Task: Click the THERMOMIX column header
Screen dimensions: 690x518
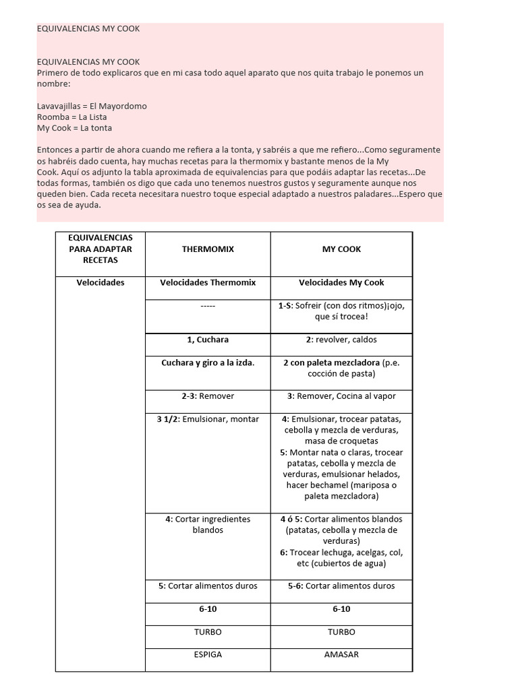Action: [x=208, y=249]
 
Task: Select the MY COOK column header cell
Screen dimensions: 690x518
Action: [x=341, y=249]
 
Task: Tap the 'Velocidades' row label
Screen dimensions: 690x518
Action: [x=100, y=283]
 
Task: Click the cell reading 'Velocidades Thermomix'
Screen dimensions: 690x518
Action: [x=208, y=283]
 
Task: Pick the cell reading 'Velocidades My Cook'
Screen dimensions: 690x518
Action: [x=341, y=283]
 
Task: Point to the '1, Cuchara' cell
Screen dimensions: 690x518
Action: [x=208, y=340]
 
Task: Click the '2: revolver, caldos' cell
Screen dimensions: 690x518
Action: [x=341, y=340]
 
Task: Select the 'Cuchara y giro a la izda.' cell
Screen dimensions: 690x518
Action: [x=208, y=363]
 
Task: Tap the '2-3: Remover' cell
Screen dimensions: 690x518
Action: [x=208, y=396]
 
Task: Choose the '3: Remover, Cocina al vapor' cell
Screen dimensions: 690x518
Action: [x=341, y=396]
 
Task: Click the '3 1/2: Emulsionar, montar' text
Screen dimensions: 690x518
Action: [x=208, y=419]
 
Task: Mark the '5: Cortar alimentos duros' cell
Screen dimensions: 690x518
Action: [x=208, y=586]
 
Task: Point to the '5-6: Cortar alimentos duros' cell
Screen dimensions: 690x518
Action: [x=341, y=586]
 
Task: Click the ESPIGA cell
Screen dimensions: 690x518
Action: [x=208, y=654]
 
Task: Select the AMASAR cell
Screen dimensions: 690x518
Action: [x=341, y=654]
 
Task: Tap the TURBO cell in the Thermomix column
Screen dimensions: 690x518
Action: [x=208, y=632]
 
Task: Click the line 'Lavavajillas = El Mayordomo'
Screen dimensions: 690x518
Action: [x=92, y=106]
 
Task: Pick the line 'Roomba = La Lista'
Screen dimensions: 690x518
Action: [x=72, y=117]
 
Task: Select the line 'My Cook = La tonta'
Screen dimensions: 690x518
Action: [x=74, y=128]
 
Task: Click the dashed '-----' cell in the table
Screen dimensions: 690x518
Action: [x=208, y=306]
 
